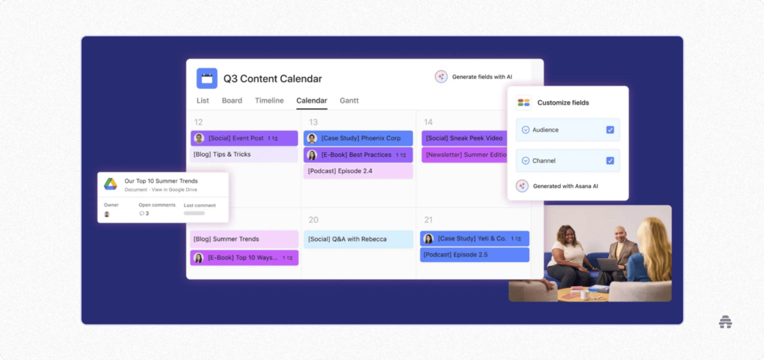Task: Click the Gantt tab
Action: click(349, 100)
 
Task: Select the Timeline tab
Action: click(269, 100)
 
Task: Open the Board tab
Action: click(232, 100)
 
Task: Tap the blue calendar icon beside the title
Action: click(207, 79)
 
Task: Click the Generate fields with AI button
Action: click(474, 77)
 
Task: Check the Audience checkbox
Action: click(610, 130)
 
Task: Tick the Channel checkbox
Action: click(610, 161)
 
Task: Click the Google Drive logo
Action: click(111, 184)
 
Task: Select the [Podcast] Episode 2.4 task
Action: click(358, 171)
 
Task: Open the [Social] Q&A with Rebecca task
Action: click(358, 239)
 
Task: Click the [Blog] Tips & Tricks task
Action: click(244, 154)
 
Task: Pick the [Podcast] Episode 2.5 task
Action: click(474, 255)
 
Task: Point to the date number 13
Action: click(313, 122)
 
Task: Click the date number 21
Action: click(428, 220)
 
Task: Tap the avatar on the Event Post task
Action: click(199, 138)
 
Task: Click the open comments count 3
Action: click(147, 213)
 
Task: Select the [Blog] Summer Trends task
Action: click(244, 239)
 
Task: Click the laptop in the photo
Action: click(608, 265)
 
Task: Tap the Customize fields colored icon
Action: click(523, 103)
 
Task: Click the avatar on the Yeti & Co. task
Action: click(428, 239)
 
